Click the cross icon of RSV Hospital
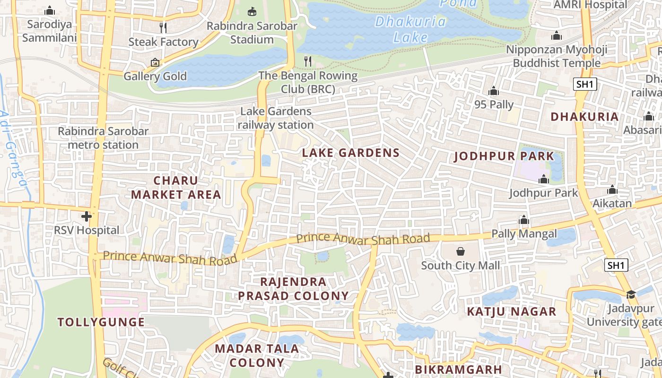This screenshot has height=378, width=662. tap(86, 216)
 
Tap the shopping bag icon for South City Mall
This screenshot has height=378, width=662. tap(460, 251)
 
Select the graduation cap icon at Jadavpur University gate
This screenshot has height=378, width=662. tap(631, 295)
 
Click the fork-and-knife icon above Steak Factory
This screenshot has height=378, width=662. tap(163, 27)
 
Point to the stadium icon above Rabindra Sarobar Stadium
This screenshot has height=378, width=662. tap(252, 11)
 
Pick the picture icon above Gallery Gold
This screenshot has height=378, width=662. tap(155, 62)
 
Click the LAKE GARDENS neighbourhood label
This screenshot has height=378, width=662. tap(350, 153)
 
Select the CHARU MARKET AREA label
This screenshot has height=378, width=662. tap(176, 188)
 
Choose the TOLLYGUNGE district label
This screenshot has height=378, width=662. tap(101, 322)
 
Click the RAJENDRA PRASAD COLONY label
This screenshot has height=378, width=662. tap(293, 289)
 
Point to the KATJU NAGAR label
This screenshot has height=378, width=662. tap(512, 311)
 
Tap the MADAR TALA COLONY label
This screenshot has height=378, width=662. tap(256, 356)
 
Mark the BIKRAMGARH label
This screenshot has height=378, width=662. tap(458, 369)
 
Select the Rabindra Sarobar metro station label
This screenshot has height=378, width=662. tap(103, 138)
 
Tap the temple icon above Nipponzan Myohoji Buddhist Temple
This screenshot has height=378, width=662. tap(557, 35)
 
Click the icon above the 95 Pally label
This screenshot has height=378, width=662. tap(494, 90)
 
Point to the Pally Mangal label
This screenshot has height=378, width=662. tap(524, 233)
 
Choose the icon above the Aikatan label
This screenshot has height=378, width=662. tap(612, 190)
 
